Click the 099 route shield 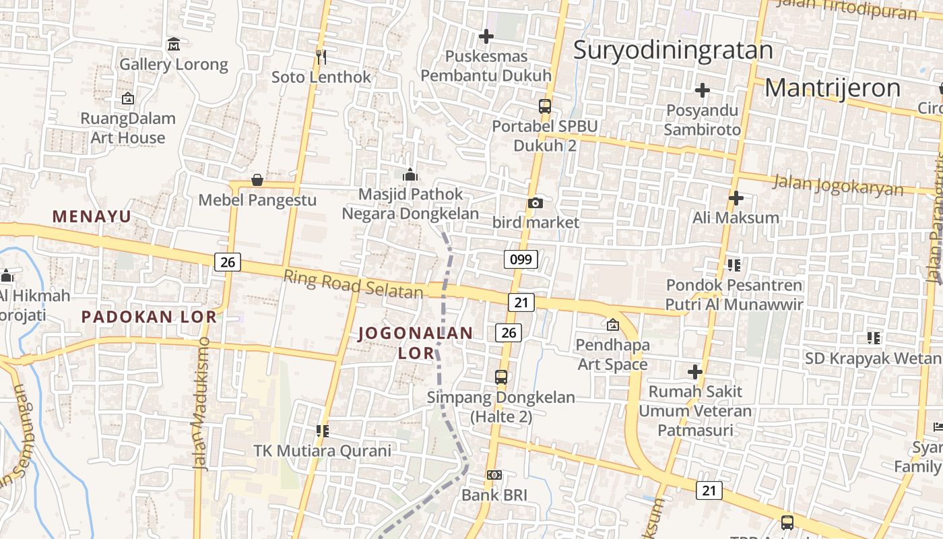coord(521,259)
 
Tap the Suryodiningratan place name coord(673,51)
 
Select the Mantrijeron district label coord(833,88)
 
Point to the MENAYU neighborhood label coord(92,216)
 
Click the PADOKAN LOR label coord(149,316)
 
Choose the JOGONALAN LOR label coord(416,342)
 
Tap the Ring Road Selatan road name coord(353,284)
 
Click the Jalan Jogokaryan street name coord(838,185)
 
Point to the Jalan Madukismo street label coord(201,403)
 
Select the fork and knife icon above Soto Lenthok coord(321,57)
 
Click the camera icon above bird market coord(535,203)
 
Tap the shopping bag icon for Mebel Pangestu coord(257,180)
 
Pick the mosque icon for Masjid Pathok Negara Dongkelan coord(410,175)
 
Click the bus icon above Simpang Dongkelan coord(500,377)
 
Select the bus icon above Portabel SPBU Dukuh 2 coord(544,106)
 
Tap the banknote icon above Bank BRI coord(494,475)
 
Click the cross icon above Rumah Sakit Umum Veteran coord(695,371)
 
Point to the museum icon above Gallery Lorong coord(174,44)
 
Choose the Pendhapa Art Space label coord(612,354)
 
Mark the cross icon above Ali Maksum coord(736,198)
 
